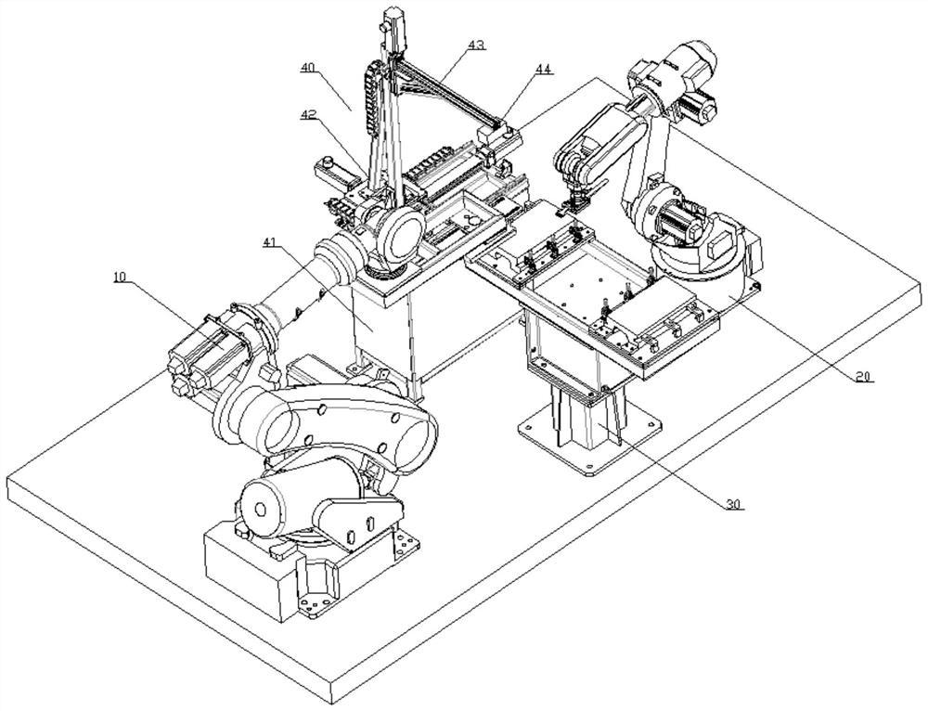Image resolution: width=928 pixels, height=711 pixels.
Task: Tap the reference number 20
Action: point(863,377)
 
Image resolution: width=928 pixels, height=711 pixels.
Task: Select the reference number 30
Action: point(734,504)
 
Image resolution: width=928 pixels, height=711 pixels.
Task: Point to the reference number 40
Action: point(307,68)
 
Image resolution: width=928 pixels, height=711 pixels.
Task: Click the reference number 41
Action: point(270,241)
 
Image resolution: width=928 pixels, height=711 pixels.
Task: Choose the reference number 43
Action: point(476,45)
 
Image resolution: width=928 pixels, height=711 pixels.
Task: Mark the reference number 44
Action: point(543,70)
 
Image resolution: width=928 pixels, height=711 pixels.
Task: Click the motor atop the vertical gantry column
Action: point(393,24)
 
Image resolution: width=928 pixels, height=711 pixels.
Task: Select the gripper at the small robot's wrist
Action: point(574,199)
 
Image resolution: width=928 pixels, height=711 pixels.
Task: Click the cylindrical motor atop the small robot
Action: point(692,59)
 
